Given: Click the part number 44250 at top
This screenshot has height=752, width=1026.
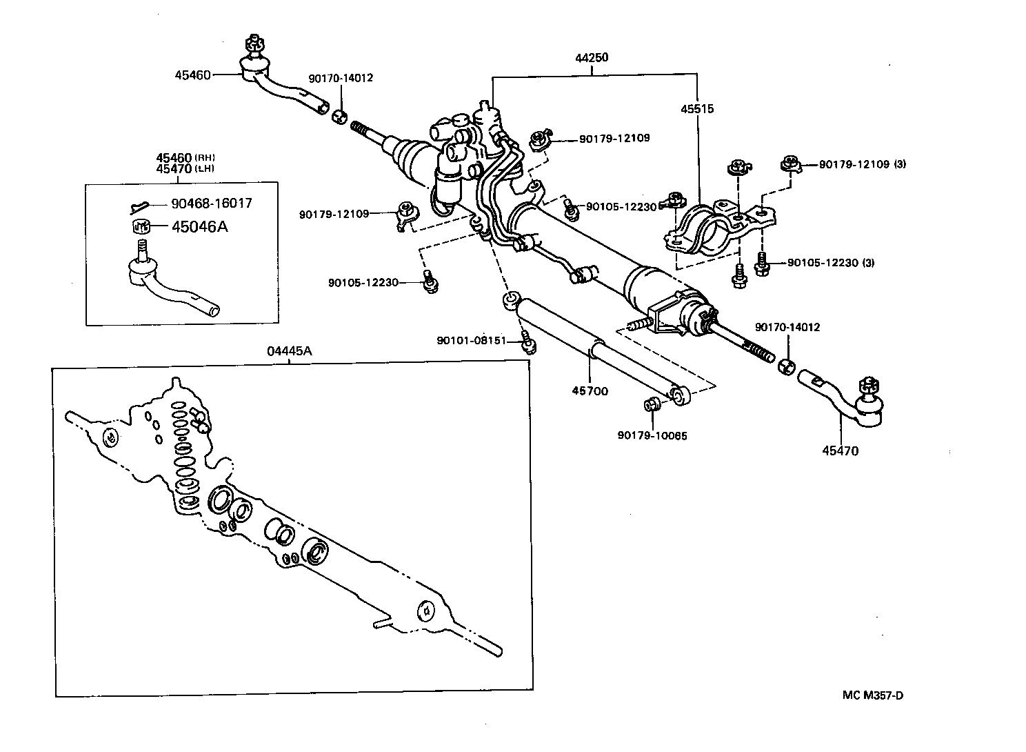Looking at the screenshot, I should click(592, 58).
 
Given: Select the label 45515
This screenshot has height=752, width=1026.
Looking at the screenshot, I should click(697, 109).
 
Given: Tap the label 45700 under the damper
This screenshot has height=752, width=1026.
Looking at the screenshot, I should click(590, 390).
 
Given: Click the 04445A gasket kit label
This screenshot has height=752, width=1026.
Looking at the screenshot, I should click(289, 351).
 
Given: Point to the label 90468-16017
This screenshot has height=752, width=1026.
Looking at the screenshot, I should click(212, 204).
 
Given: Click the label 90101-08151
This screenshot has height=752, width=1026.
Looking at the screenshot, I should click(481, 341).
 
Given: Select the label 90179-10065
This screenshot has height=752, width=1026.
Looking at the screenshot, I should click(652, 435).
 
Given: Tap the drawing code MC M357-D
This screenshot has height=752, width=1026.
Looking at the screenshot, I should click(872, 695).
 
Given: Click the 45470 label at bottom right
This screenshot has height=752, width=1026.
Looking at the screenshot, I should click(840, 451).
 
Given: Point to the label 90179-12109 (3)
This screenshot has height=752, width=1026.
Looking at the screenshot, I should click(862, 165).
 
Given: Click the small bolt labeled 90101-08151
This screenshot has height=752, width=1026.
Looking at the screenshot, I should click(529, 342).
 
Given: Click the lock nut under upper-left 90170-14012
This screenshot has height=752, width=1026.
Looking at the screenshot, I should click(339, 117).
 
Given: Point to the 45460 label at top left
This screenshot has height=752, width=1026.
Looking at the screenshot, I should click(192, 75).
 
